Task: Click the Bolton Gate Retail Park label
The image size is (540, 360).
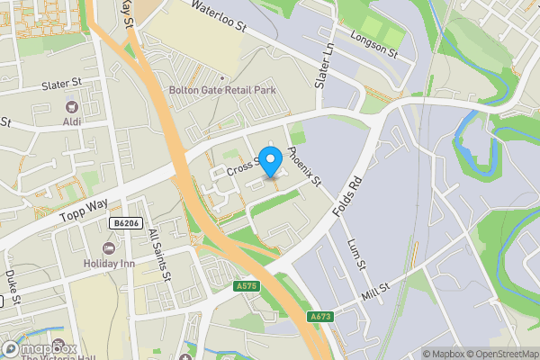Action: [222, 90]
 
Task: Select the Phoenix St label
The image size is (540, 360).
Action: [304, 166]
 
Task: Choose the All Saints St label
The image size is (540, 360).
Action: [158, 255]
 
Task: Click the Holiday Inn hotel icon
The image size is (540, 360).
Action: [111, 247]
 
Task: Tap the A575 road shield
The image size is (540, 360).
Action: [245, 286]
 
